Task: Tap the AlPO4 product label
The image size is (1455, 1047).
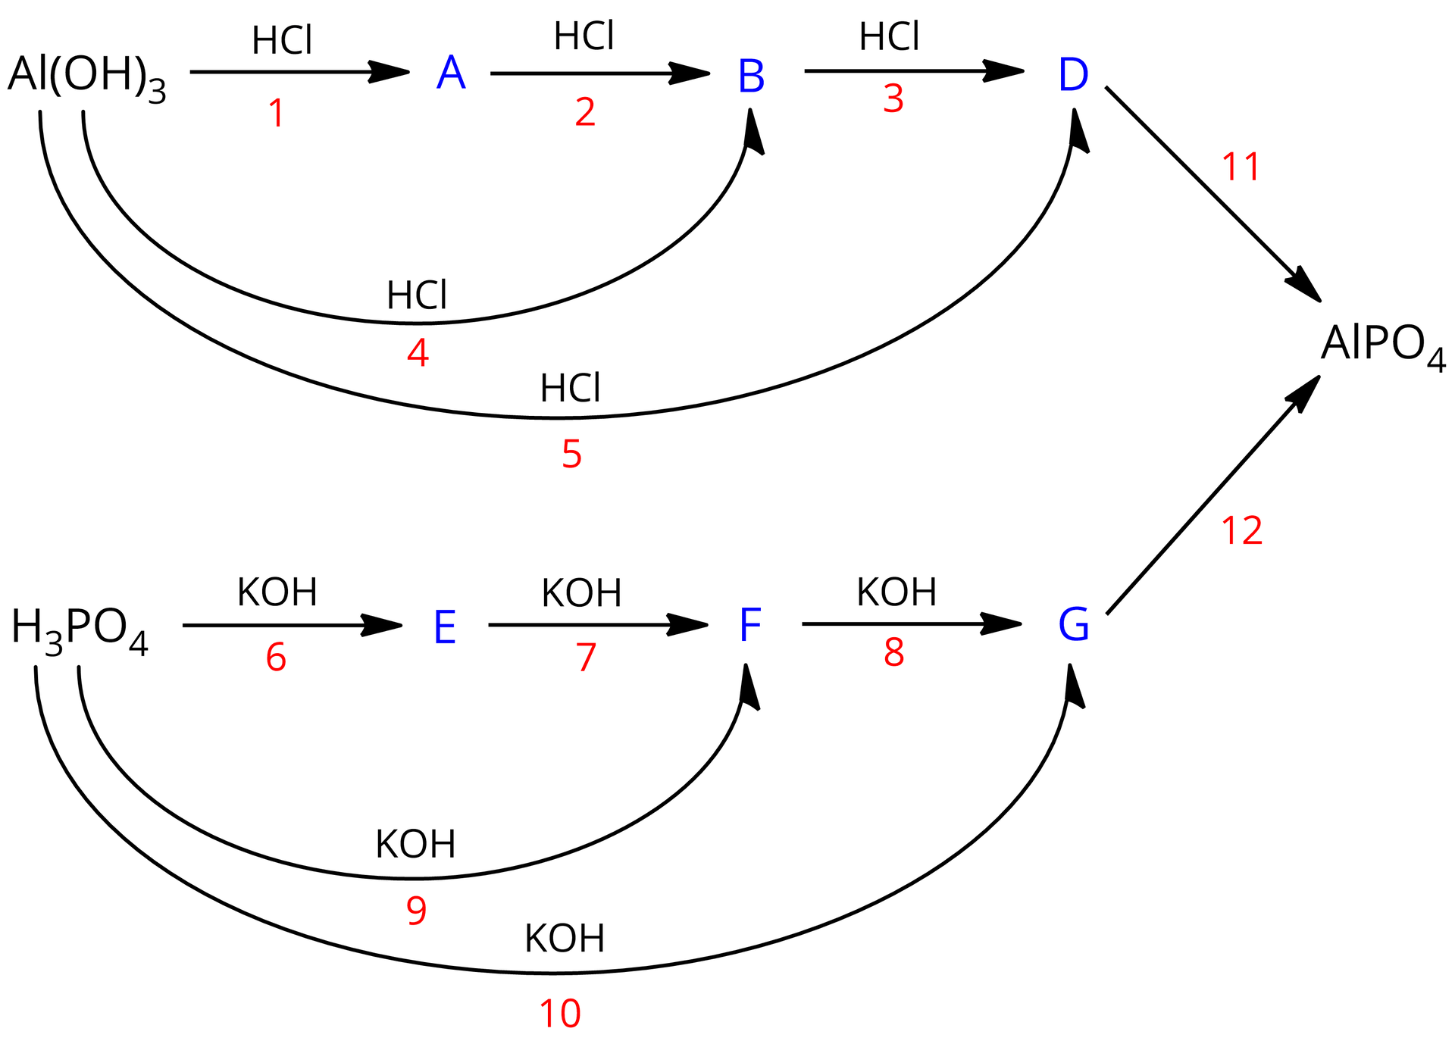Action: (1382, 345)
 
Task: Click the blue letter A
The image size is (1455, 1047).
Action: (451, 74)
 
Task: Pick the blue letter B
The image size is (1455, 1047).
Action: (751, 77)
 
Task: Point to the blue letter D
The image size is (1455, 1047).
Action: (1073, 75)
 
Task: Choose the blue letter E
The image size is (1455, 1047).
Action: (445, 628)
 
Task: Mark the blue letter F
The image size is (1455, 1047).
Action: (749, 626)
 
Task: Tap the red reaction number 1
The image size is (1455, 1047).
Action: (277, 114)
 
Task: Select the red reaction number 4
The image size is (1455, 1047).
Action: (418, 353)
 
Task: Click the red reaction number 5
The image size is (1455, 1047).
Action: (571, 455)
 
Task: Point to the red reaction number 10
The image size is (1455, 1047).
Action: (560, 1014)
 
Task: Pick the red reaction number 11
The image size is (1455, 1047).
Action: (1241, 167)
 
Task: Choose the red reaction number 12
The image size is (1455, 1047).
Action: (1242, 531)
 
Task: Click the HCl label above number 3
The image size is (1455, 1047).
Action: (889, 37)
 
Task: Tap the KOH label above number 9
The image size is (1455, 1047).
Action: (415, 844)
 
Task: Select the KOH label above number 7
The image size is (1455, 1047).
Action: (581, 593)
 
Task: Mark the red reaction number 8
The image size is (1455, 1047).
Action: (894, 653)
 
